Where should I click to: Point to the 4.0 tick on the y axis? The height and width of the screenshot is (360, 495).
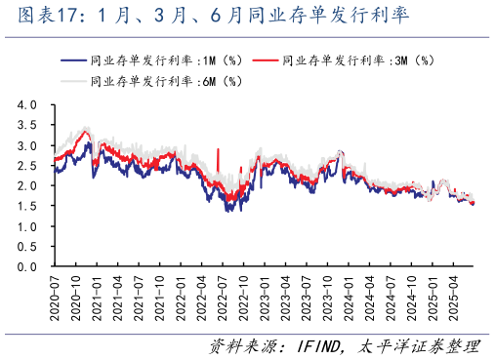click(x=27, y=104)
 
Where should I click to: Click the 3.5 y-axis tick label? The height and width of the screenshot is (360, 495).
click(x=27, y=125)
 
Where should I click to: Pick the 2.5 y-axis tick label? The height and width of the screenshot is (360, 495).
click(x=27, y=165)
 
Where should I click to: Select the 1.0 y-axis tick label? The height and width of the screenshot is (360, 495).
click(x=27, y=226)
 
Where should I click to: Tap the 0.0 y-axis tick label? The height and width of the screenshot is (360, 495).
click(x=27, y=266)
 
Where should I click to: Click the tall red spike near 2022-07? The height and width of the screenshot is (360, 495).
click(x=218, y=156)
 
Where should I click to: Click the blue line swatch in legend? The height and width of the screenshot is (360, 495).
click(x=72, y=60)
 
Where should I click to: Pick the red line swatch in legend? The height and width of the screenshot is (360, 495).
click(x=266, y=60)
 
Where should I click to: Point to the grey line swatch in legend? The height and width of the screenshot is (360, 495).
click(x=72, y=81)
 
